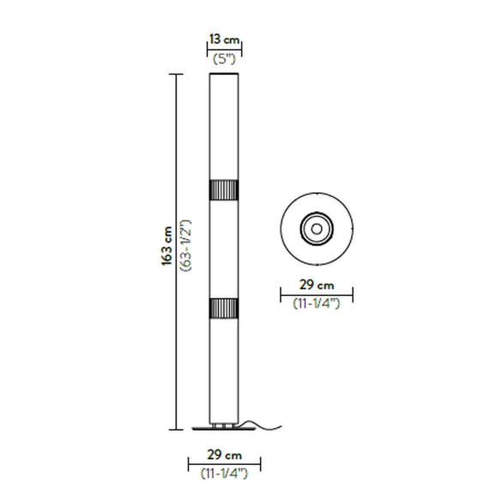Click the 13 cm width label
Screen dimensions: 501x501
point(224,39)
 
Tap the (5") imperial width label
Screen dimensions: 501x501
point(224,59)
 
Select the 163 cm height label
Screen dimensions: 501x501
point(166,246)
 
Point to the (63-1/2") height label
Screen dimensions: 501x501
point(185,245)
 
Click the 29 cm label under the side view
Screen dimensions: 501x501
point(224,455)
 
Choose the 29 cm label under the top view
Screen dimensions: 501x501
point(317,285)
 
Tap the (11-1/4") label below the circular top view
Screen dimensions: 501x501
point(317,303)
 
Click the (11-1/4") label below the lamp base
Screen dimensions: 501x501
point(224,474)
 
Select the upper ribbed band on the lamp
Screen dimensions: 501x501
point(224,190)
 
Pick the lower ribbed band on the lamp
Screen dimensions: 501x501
point(224,308)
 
